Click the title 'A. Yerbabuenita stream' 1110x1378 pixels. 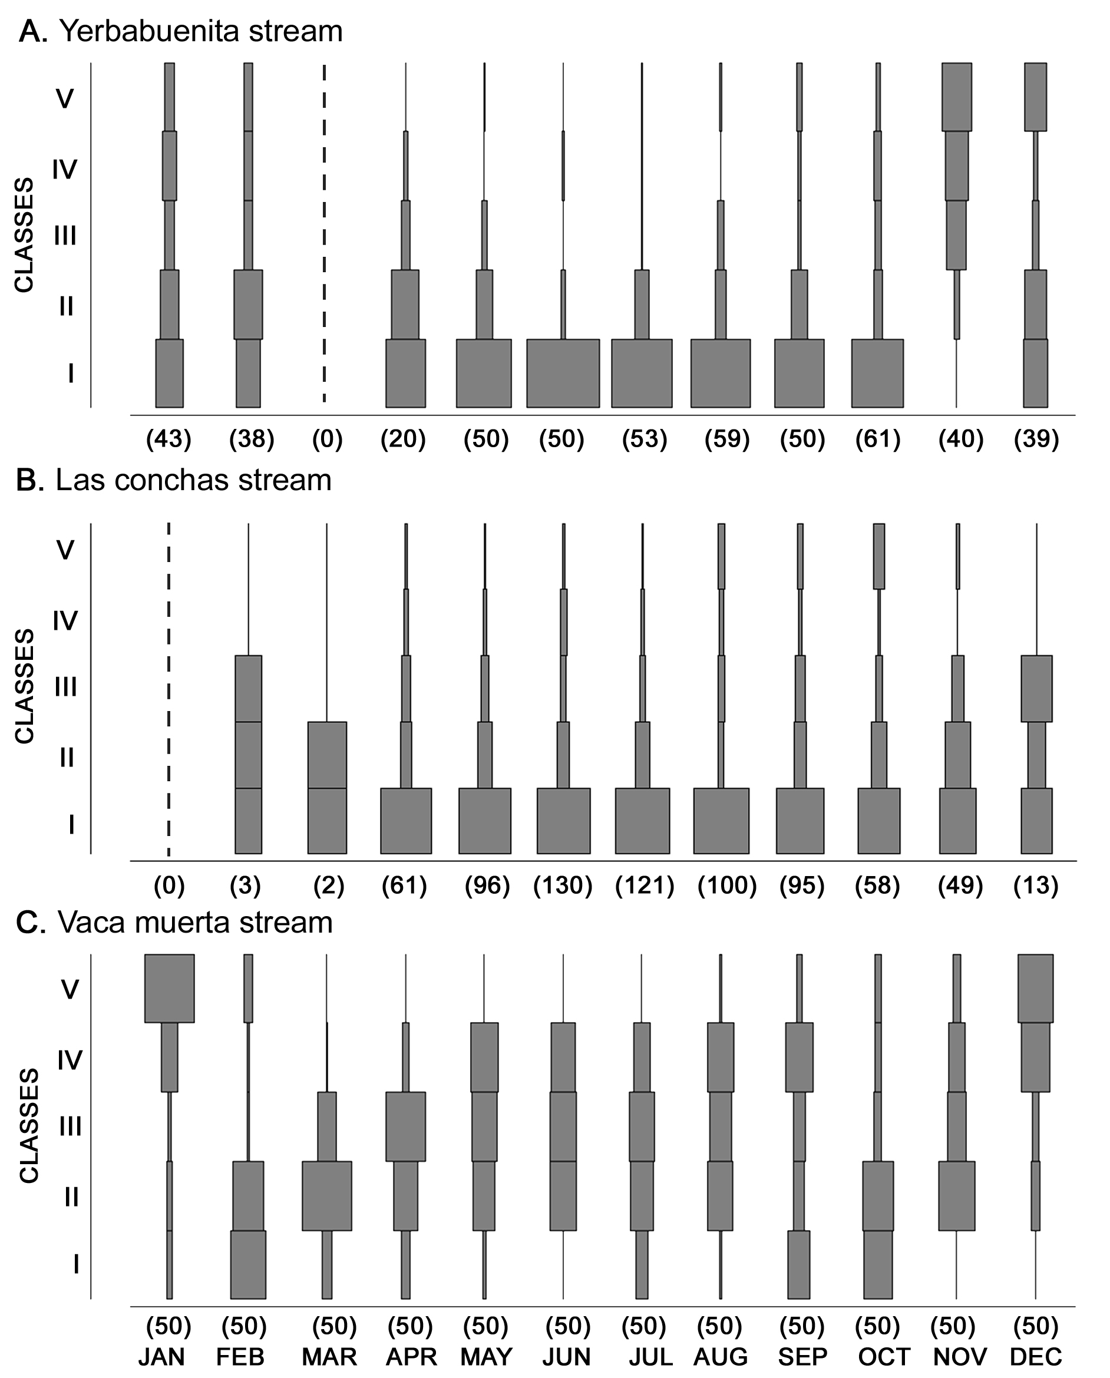coord(181,31)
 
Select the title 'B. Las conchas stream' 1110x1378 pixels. coord(174,480)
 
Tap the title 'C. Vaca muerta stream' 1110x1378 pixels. coord(174,923)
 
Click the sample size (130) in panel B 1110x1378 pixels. coord(563,885)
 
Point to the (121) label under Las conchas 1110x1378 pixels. coord(645,885)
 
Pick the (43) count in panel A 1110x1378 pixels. coord(169,439)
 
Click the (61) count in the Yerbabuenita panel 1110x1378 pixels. coord(878,439)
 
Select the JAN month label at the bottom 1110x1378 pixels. coord(162,1356)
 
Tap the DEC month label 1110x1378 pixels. coord(1036,1356)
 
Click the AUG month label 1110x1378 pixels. coord(721,1356)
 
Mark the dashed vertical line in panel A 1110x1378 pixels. coord(324,233)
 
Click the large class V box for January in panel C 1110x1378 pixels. coord(170,989)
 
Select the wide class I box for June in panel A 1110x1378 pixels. coord(563,374)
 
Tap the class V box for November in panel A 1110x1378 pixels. coord(957,97)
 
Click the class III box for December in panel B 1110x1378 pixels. coord(1036,689)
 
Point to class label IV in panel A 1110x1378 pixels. coord(65,170)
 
